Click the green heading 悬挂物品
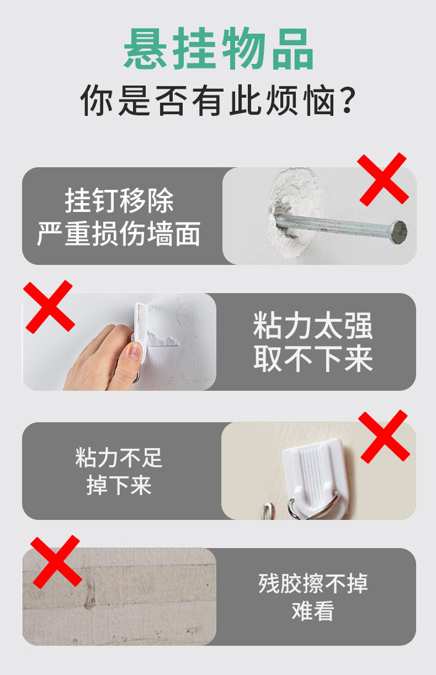pos(219,50)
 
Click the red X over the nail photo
pos(382,179)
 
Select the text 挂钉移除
pos(119,200)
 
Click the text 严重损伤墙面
pos(119,234)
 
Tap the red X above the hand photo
pos(49,307)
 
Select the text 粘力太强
pos(313,326)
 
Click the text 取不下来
pos(313,359)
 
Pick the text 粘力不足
pos(119,458)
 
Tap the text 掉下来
pos(119,486)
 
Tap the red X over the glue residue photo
pos(56,561)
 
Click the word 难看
pos(313,612)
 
